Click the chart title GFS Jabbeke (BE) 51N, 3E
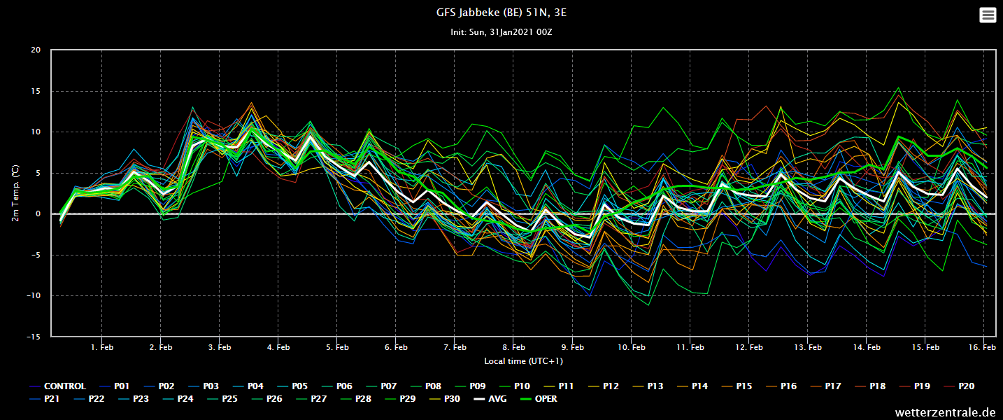click(501, 13)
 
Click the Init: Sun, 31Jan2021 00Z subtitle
click(501, 32)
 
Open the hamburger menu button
click(988, 15)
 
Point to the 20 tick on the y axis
click(36, 50)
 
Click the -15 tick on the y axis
click(33, 337)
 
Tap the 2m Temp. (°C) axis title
click(15, 193)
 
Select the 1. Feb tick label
click(102, 347)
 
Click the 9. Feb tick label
click(572, 347)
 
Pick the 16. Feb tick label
click(982, 347)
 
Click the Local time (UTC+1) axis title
click(523, 361)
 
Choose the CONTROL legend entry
click(57, 386)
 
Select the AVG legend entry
click(490, 399)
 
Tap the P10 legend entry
click(515, 386)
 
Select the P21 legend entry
click(44, 399)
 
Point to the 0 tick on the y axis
click(38, 213)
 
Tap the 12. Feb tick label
click(748, 347)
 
